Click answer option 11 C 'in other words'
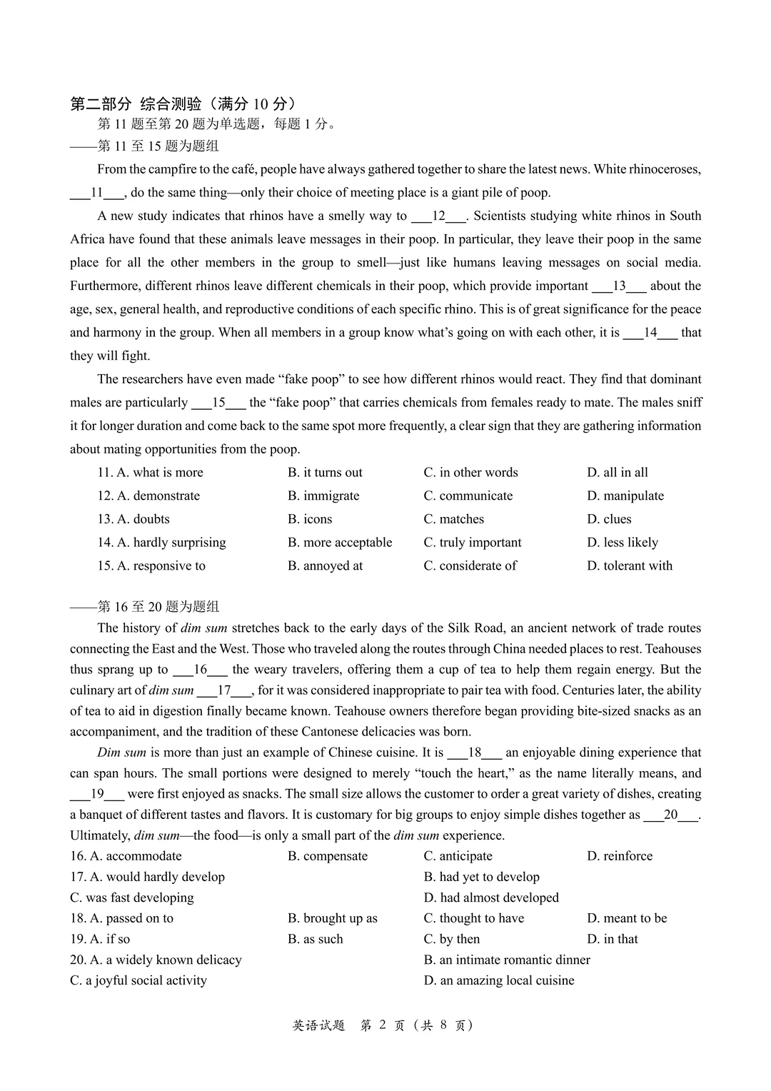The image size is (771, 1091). [470, 473]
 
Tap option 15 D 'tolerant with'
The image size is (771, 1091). [630, 566]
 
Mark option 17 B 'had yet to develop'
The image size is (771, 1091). [481, 877]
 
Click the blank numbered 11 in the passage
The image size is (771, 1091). [98, 193]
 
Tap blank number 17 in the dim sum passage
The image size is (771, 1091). [224, 690]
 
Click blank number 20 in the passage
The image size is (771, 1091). [670, 815]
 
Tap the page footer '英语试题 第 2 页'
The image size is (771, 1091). [383, 1025]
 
